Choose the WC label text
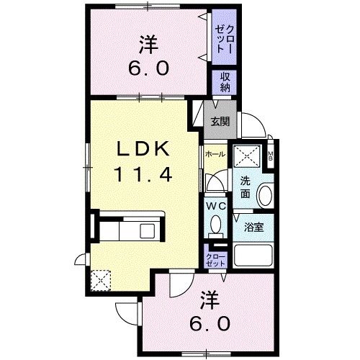tap(215, 206)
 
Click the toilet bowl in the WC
tap(215, 226)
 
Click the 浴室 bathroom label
tap(253, 227)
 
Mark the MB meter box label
tap(271, 156)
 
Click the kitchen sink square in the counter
tap(148, 232)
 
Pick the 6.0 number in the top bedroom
tap(150, 68)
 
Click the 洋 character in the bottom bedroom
tap(208, 297)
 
